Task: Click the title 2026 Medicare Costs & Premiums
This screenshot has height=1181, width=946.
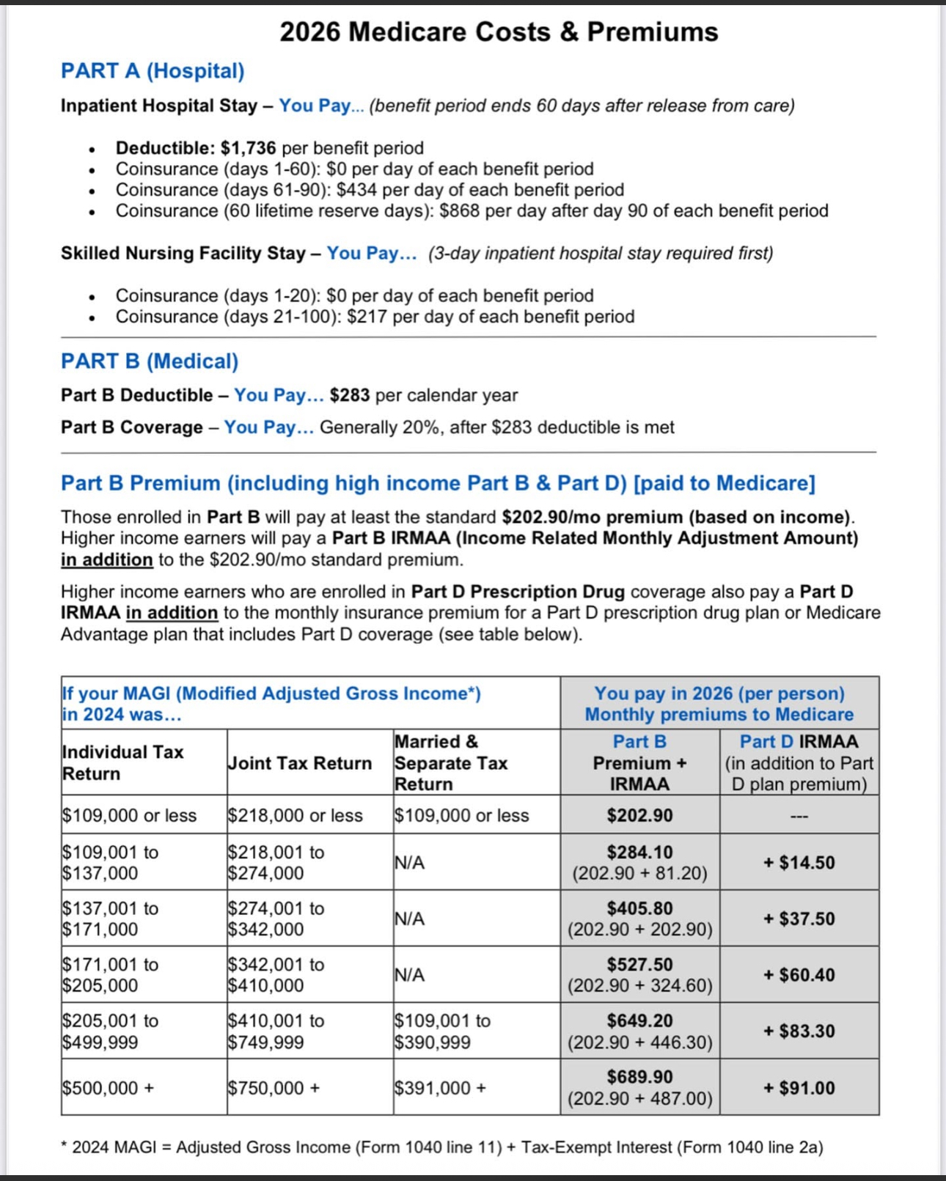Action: (499, 32)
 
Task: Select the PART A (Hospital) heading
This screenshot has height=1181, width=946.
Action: (153, 70)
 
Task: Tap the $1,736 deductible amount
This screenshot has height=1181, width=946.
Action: (248, 148)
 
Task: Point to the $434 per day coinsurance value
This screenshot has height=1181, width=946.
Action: (356, 190)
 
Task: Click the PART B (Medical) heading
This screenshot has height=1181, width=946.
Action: (150, 361)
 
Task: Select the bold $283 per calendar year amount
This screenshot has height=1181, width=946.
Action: (350, 395)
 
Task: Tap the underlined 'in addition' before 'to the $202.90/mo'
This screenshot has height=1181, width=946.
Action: (107, 560)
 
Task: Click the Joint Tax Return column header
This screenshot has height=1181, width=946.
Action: (300, 763)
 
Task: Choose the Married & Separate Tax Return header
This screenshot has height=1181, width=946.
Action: (450, 762)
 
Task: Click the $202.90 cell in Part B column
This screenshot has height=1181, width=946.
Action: (639, 815)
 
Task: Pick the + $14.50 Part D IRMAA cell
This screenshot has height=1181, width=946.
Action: (799, 863)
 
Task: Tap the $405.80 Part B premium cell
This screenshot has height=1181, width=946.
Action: (639, 908)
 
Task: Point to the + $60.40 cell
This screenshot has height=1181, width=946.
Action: (799, 975)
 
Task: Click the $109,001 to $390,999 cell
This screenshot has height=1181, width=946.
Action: (442, 1031)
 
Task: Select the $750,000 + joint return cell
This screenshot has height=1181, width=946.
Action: (274, 1088)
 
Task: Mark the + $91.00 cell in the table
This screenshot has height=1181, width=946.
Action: (799, 1088)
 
